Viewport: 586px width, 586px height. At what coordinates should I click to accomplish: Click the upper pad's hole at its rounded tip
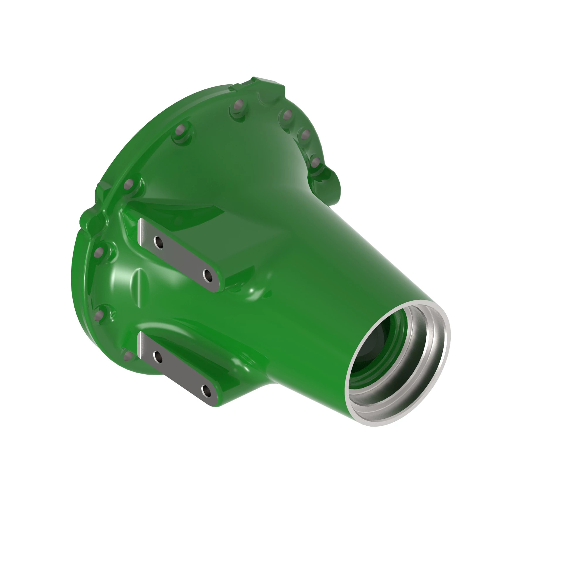point(208,275)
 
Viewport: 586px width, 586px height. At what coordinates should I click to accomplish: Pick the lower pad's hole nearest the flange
point(158,356)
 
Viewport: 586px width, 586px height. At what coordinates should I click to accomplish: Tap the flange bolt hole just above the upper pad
point(129,183)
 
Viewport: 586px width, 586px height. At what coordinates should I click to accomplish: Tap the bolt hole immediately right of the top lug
point(287,115)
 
